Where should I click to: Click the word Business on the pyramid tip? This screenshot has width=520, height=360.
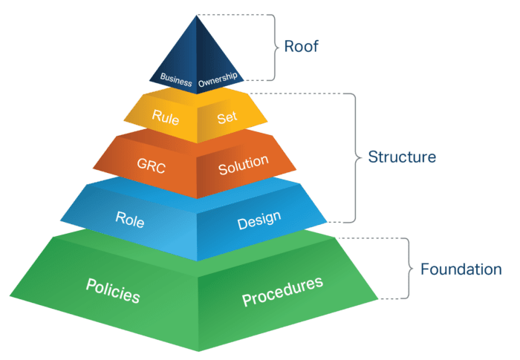point(176,79)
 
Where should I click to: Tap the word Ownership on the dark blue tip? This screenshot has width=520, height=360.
point(218,79)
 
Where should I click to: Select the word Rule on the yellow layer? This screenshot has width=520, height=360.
point(166,117)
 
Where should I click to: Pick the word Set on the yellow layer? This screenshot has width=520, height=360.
point(227,118)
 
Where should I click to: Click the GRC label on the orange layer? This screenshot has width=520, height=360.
point(152,166)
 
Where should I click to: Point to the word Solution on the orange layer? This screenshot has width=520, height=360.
point(244,165)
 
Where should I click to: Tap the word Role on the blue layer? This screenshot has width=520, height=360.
point(130,220)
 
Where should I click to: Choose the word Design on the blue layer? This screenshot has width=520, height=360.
point(259,220)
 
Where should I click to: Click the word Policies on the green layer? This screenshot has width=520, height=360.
point(113,291)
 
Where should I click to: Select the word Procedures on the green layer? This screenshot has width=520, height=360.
point(282,292)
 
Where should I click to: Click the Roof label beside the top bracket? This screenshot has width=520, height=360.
point(301,46)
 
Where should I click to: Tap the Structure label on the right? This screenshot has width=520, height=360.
point(402,157)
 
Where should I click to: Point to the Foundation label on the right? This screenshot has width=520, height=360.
point(461,269)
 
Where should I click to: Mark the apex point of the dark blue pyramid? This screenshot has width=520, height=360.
point(197,16)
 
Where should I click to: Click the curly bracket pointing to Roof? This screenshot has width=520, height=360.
point(275,48)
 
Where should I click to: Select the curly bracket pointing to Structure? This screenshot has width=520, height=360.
point(356,158)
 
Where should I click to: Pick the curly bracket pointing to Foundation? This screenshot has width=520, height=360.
point(409,269)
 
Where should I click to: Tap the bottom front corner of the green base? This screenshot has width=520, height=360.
point(198,351)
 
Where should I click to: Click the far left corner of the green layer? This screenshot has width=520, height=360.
point(10,296)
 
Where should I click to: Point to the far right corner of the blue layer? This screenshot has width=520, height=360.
point(327,221)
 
